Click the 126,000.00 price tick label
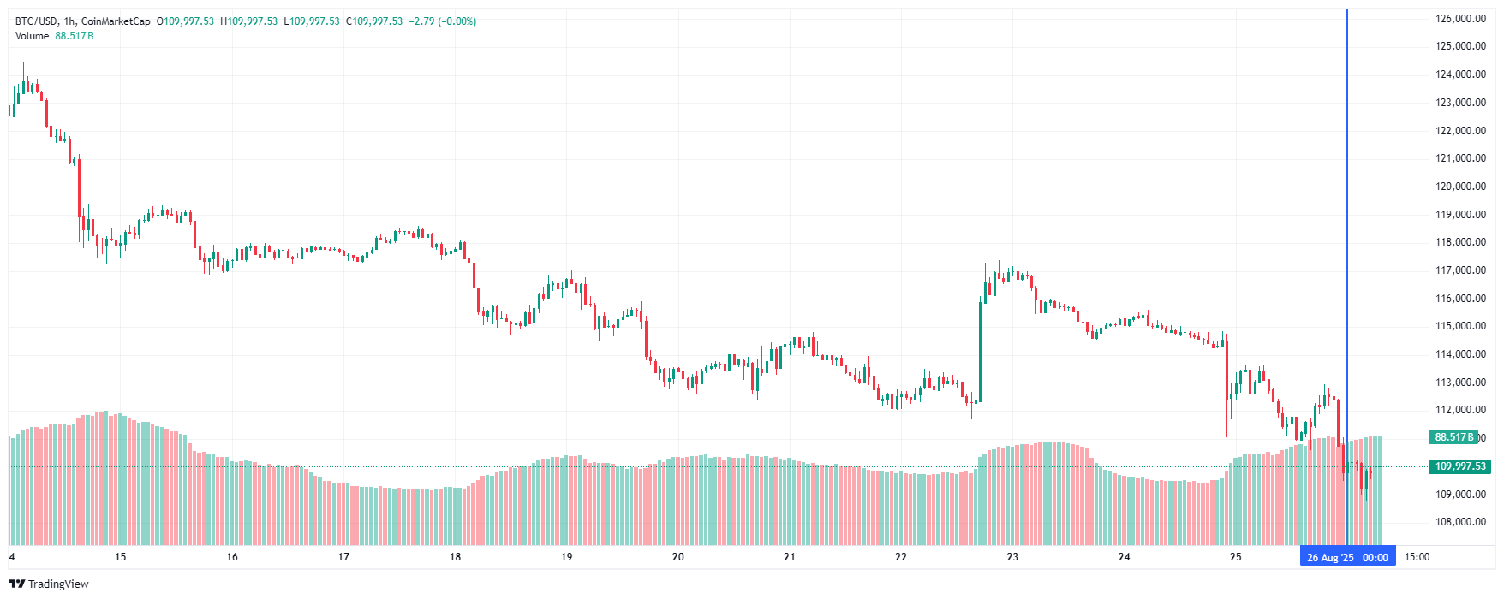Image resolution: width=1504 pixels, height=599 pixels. coord(1460,19)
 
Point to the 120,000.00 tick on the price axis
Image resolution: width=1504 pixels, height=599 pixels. coord(1460,187)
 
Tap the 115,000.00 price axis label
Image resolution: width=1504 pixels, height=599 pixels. coord(1460,326)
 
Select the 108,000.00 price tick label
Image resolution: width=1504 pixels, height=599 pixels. coord(1460,522)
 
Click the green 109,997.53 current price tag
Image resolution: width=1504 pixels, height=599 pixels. coord(1459,466)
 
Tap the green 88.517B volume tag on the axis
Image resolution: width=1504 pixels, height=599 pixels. coord(1454,437)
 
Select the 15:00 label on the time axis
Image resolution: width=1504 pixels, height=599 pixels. coord(1417,557)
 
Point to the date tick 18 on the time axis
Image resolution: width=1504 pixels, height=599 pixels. coord(455,557)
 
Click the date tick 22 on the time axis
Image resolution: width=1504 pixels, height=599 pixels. coord(900,557)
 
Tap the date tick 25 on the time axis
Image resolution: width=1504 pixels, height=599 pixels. coord(1235,557)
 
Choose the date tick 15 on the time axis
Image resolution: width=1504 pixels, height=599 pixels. coord(120,557)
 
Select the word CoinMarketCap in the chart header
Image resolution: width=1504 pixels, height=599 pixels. coord(116,21)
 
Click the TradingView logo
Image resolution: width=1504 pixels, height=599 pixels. coord(49,584)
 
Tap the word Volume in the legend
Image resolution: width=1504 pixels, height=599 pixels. coord(32,36)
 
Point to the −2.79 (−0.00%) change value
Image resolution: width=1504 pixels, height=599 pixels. coord(444,21)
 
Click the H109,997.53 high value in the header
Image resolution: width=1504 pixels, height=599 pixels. coord(249,21)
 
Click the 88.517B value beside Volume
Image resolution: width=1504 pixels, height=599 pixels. coord(74,36)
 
